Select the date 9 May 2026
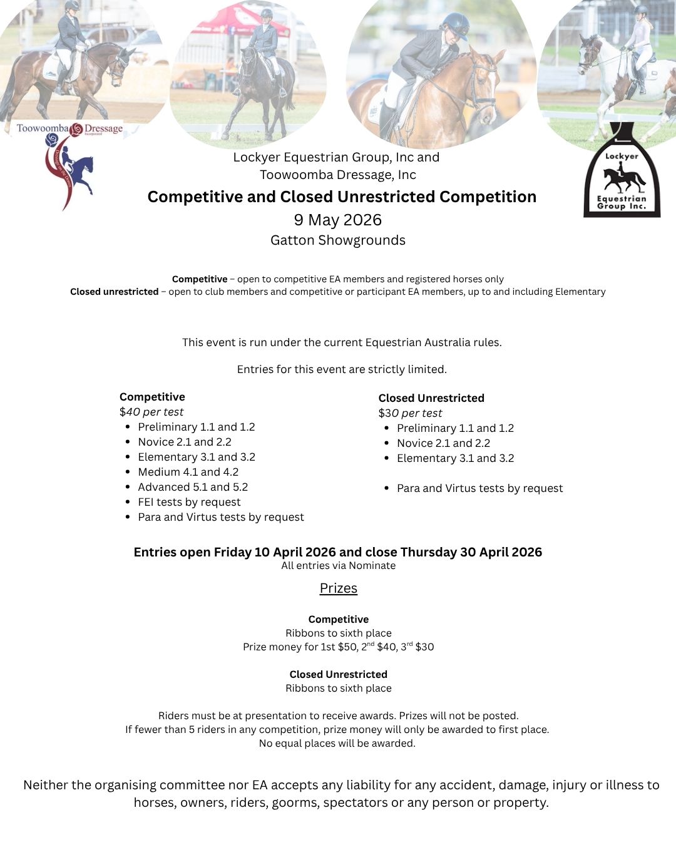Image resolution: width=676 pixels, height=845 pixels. [x=338, y=220]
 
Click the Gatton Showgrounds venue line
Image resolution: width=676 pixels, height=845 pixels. [x=338, y=240]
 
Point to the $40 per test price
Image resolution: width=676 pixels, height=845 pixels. [x=151, y=412]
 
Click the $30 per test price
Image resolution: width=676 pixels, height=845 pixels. [x=410, y=413]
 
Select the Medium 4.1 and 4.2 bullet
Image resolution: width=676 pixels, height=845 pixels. [x=188, y=472]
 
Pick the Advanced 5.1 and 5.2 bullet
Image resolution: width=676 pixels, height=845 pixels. [x=193, y=487]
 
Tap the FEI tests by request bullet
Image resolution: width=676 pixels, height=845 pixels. [x=189, y=502]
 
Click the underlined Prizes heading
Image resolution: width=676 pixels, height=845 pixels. [x=338, y=588]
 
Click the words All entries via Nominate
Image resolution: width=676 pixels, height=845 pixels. [x=338, y=566]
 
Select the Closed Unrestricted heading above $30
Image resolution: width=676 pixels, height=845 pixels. [x=431, y=398]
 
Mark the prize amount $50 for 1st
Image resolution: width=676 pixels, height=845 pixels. [x=347, y=647]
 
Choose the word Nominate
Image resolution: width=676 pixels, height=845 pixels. [x=373, y=566]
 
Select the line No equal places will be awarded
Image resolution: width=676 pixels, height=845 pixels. [x=337, y=744]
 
